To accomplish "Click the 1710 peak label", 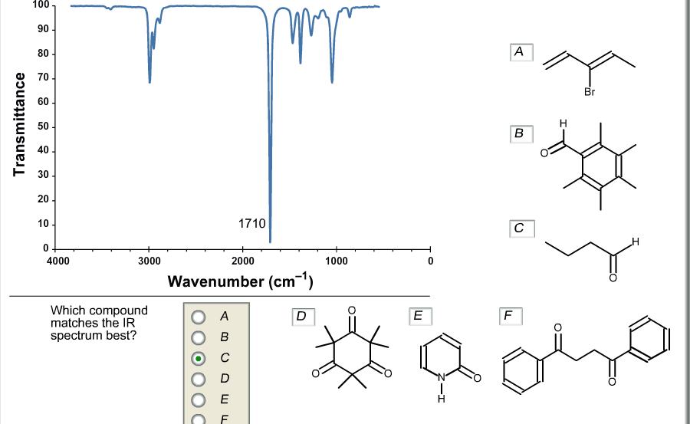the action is coord(251,224).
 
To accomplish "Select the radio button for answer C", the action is coord(199,358).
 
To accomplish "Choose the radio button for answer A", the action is coord(199,317).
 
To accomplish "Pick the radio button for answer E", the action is coord(199,399).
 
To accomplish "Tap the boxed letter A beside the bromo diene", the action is coord(521,52).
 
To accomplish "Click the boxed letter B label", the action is coord(521,134).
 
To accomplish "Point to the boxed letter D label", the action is coord(303,317).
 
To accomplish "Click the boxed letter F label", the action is coord(511,316).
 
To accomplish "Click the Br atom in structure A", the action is coord(590,91).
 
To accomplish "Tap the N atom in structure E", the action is coord(442,377).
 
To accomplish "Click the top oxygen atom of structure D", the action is coord(352,311).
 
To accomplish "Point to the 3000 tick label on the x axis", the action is coord(149,261).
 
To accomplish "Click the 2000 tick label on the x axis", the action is coord(243,261).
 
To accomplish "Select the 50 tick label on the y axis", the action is coord(44,127).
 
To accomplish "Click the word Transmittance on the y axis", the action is coord(19,125).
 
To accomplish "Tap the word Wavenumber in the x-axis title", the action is coord(215,281).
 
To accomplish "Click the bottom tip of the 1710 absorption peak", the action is coord(270,242).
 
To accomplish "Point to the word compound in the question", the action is coord(120,311).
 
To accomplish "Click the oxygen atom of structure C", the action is coord(613,278).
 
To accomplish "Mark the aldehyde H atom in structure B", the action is coord(563,123).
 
